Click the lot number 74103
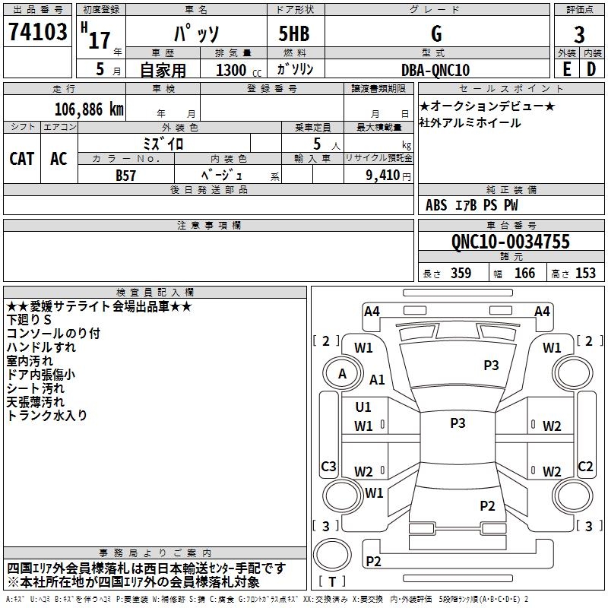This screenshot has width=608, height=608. click(37, 33)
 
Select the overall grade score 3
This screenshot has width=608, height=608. click(579, 35)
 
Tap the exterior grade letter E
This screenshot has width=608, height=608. click(566, 69)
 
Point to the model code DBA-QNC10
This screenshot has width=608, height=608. click(435, 70)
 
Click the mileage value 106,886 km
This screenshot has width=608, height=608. click(89, 109)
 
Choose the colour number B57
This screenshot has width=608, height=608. click(125, 174)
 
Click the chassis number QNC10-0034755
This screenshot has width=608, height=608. click(510, 242)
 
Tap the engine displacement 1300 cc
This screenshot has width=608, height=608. click(236, 70)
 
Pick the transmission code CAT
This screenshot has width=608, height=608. click(21, 158)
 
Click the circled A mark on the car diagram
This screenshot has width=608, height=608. click(342, 374)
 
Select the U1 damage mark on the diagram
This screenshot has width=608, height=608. click(363, 407)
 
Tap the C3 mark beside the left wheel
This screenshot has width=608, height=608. click(328, 466)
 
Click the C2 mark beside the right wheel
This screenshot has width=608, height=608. click(585, 466)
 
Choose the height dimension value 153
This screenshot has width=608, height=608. click(585, 273)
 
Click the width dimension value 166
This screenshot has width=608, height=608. click(524, 273)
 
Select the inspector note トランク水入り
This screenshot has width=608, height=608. click(47, 415)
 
